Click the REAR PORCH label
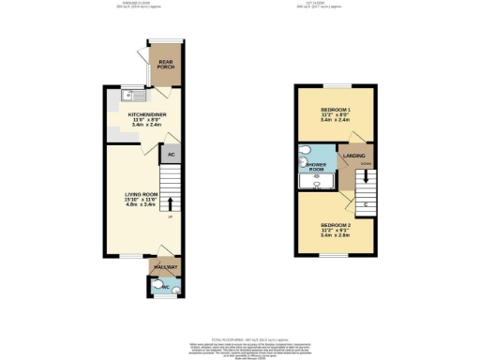169,66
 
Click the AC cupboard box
171,157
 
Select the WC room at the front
166,287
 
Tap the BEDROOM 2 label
336,225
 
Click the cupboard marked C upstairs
363,202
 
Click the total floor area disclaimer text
240,341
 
